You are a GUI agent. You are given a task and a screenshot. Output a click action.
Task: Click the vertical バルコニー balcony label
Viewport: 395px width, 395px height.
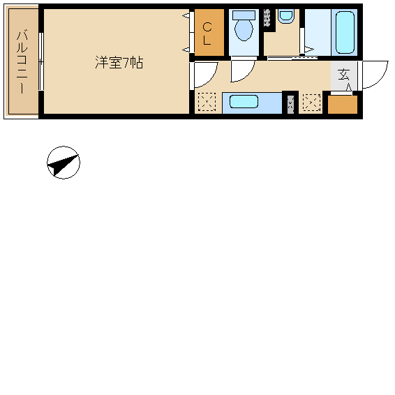(22, 61)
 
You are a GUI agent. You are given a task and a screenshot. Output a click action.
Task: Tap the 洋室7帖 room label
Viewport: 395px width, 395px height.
(119, 63)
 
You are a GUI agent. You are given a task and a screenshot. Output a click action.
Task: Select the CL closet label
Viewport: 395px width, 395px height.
(207, 33)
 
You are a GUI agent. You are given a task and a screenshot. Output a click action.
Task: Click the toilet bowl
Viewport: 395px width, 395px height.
(244, 30)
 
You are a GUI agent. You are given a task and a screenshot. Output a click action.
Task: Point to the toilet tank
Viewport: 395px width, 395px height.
(244, 15)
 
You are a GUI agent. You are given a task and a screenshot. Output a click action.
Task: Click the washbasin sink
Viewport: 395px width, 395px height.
(286, 16)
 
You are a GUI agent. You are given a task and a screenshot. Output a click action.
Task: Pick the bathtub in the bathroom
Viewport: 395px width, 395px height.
(345, 32)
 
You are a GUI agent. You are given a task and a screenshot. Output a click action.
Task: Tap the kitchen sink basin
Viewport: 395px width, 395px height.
(244, 101)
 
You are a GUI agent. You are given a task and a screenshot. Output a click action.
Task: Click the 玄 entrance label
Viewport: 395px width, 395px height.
(343, 74)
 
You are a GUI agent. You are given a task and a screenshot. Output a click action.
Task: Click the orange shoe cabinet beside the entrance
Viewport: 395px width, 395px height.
(343, 104)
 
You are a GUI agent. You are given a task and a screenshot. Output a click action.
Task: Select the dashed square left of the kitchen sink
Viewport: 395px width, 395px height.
(207, 102)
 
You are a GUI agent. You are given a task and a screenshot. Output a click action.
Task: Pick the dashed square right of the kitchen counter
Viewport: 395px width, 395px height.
(312, 103)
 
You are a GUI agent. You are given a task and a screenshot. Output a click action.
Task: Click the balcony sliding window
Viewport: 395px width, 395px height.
(41, 61)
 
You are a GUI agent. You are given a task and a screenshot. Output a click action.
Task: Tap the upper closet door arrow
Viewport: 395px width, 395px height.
(186, 15)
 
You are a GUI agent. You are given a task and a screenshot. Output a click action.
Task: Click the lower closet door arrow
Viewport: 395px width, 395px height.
(186, 50)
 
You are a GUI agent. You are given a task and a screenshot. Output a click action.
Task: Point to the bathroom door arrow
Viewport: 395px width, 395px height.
(309, 49)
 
